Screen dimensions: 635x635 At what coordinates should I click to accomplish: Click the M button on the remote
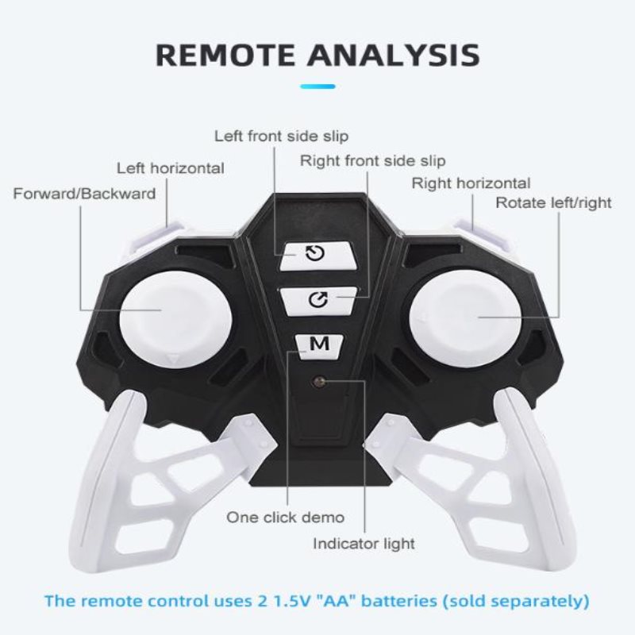(x=319, y=346)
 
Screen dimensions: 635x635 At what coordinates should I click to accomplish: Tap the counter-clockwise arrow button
(x=319, y=255)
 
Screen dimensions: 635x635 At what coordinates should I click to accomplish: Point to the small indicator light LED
(x=320, y=381)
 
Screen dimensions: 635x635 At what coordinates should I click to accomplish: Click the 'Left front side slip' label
(x=281, y=136)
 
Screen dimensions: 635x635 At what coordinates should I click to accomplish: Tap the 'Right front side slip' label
(x=372, y=161)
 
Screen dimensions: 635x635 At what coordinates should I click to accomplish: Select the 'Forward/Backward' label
(x=84, y=194)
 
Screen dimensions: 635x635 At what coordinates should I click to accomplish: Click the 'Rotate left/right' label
(x=553, y=203)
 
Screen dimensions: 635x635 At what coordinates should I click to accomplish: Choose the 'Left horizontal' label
(x=171, y=168)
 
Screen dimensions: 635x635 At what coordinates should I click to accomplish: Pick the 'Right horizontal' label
(x=471, y=183)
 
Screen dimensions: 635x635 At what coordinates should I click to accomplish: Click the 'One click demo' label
(x=286, y=518)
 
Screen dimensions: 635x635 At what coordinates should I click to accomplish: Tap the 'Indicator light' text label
(x=364, y=544)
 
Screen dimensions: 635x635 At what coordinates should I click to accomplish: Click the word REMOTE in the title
(x=225, y=55)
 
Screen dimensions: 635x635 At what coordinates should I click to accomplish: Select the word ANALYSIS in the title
(x=394, y=55)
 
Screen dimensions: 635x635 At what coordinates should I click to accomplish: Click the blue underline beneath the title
(x=317, y=87)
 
